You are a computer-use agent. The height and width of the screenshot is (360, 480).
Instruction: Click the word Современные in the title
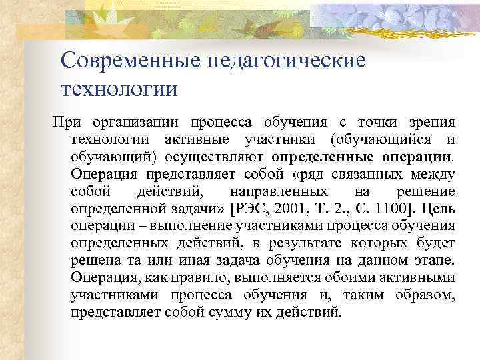(128, 61)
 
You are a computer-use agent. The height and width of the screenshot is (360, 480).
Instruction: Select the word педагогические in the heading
(287, 61)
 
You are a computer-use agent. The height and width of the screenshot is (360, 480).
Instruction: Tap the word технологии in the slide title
(119, 88)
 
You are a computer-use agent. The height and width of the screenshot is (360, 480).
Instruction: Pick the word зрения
(433, 122)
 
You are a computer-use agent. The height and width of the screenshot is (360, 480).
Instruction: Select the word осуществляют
(221, 157)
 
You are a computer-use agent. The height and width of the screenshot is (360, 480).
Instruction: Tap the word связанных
(351, 174)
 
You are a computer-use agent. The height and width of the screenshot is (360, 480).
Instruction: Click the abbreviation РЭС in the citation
(251, 209)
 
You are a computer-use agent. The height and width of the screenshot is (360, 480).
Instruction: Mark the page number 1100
(393, 209)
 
